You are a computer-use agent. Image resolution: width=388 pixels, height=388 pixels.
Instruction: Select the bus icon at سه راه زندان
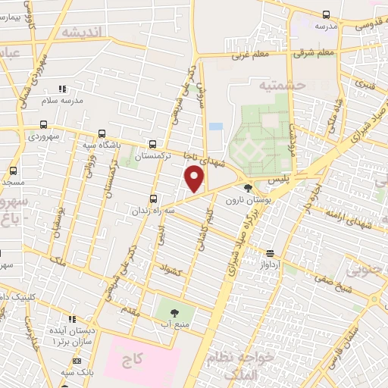click(x=155, y=199)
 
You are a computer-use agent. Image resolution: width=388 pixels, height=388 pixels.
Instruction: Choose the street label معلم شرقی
click(x=316, y=53)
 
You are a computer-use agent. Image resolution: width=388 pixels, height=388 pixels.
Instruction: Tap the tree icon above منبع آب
click(x=174, y=311)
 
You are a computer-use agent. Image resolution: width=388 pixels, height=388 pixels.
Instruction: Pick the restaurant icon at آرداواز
click(x=271, y=254)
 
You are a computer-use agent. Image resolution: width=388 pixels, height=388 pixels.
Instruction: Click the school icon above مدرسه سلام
click(x=62, y=89)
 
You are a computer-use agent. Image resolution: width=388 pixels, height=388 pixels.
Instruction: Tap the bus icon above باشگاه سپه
click(x=102, y=133)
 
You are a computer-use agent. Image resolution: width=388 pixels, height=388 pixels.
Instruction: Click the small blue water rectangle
click(x=216, y=126)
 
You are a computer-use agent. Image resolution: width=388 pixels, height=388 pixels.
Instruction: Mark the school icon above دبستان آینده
click(x=72, y=321)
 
